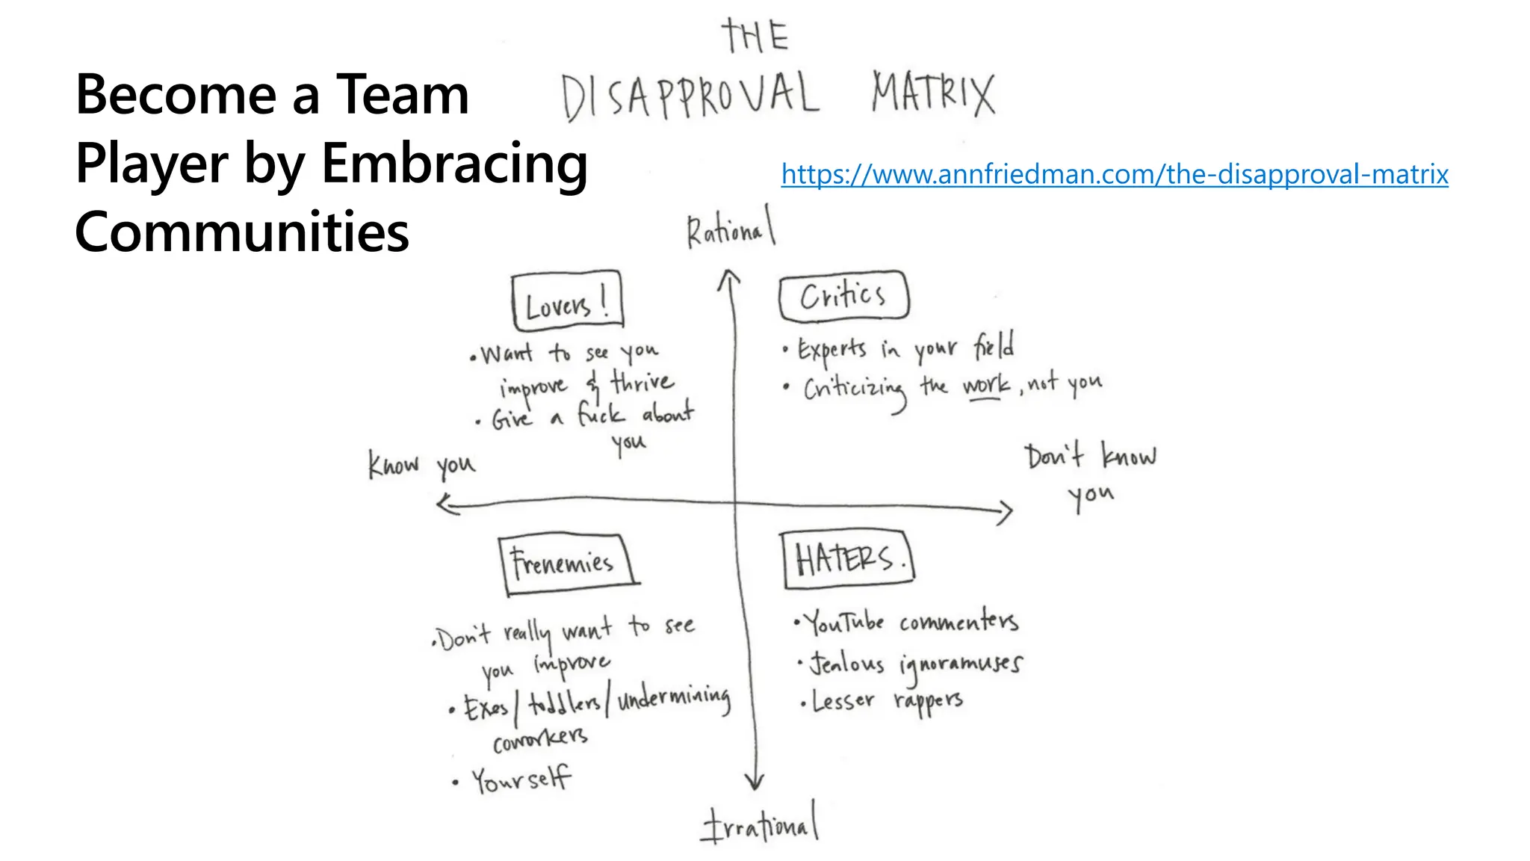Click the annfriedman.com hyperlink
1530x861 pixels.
[1114, 174]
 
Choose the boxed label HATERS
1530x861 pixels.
[847, 559]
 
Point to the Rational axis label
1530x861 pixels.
[731, 229]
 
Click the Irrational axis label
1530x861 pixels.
[759, 824]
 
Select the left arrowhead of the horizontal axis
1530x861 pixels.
[446, 504]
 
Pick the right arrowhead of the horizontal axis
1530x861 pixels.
[1005, 512]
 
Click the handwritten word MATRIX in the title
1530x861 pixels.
[933, 93]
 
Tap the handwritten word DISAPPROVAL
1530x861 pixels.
[690, 96]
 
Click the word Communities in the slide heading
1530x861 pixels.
[242, 231]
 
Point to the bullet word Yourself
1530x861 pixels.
[521, 780]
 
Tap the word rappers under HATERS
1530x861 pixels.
[928, 701]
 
